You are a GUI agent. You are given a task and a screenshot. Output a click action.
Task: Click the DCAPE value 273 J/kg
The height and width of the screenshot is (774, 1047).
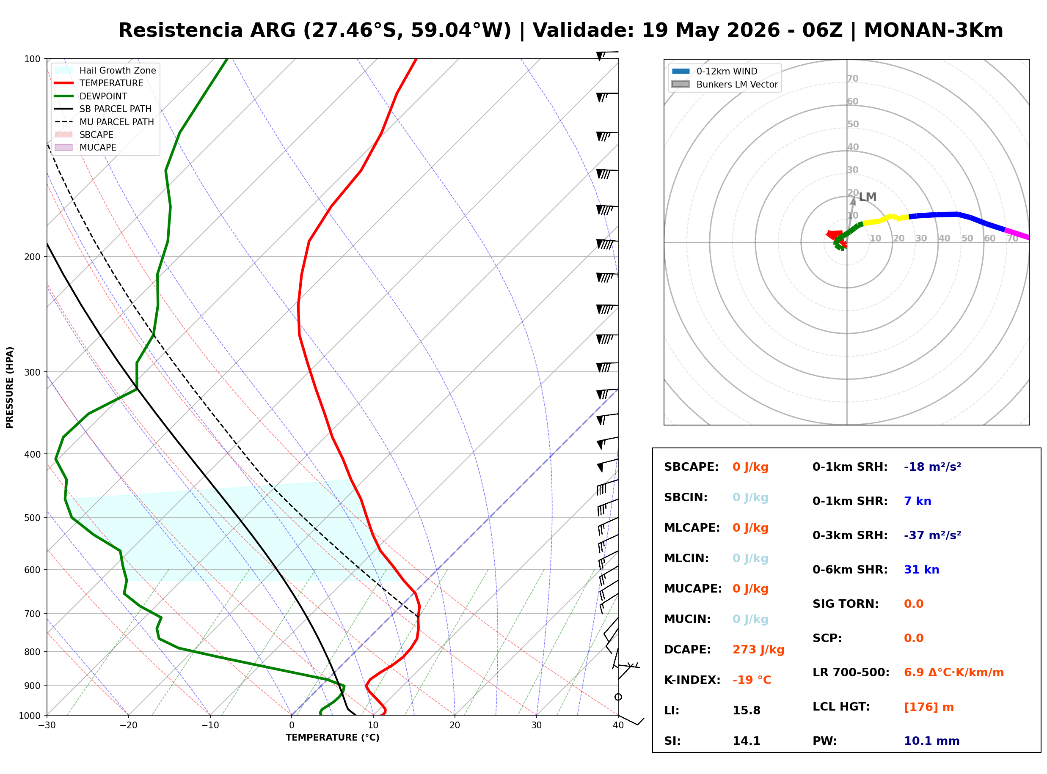pos(758,650)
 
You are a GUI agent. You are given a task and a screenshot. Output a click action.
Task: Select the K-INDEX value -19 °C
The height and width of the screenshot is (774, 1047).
pos(751,680)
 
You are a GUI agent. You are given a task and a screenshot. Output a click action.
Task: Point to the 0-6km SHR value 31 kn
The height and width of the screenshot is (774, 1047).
pos(921,570)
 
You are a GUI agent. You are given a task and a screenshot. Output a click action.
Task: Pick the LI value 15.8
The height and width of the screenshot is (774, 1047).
pos(746,711)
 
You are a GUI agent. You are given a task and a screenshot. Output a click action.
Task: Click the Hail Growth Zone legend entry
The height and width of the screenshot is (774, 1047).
pos(105,70)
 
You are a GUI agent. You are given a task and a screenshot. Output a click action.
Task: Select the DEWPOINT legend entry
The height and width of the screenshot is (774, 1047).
pos(91,96)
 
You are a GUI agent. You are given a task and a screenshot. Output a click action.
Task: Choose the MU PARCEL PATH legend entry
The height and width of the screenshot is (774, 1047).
pos(104,122)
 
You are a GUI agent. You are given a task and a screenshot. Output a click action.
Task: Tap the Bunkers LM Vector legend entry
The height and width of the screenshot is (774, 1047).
pos(725,84)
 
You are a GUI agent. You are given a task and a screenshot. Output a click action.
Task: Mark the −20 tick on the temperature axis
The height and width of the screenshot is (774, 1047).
pos(128,725)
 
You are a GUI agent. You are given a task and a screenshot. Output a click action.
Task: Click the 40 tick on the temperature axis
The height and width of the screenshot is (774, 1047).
pos(618,725)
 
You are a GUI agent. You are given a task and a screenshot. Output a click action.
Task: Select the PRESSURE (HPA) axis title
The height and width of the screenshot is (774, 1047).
pos(10,387)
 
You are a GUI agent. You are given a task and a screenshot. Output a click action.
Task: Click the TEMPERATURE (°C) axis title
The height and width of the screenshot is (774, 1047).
pos(332,738)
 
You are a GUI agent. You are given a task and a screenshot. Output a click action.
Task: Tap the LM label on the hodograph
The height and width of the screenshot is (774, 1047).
pos(868,197)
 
